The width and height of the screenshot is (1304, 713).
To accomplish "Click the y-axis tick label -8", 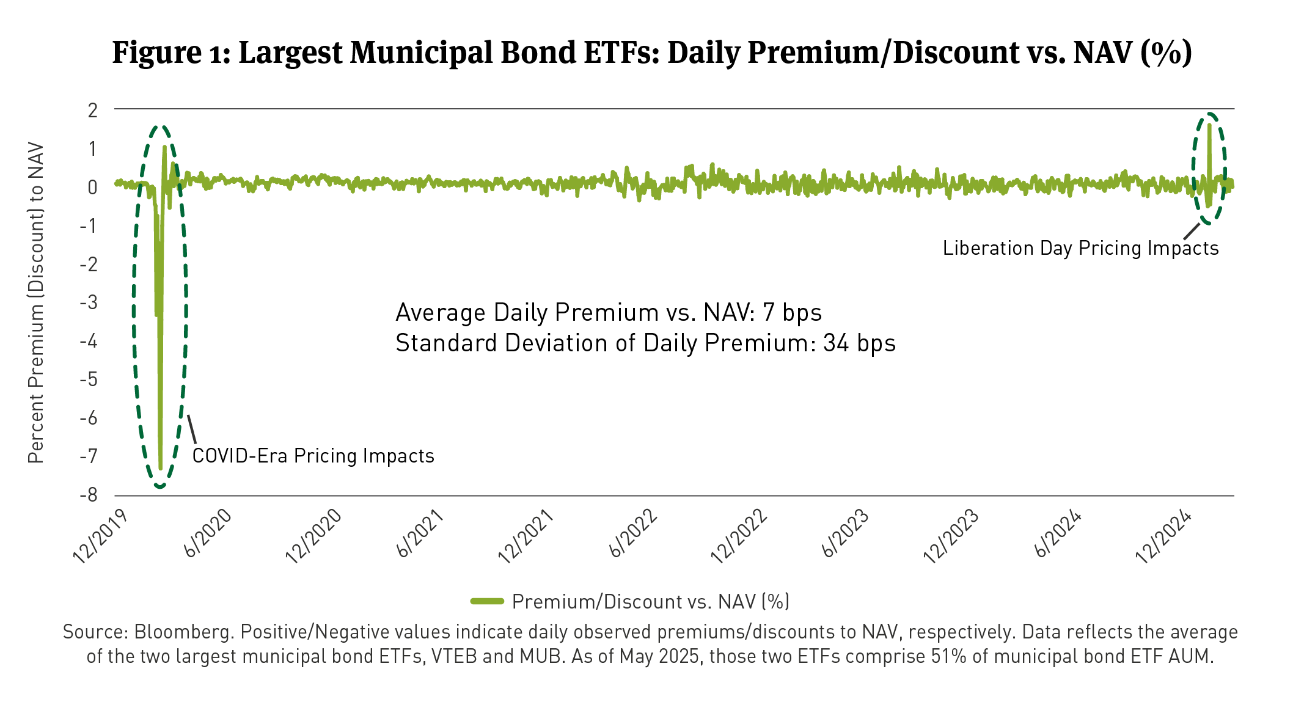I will pyautogui.click(x=89, y=495).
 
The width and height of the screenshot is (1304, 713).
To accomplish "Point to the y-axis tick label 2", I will pyautogui.click(x=93, y=111).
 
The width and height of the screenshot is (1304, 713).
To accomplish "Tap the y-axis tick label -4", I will pyautogui.click(x=89, y=341).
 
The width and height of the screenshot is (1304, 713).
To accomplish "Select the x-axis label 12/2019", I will pyautogui.click(x=100, y=536).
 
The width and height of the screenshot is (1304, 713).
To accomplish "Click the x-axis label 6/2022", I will pyautogui.click(x=634, y=533).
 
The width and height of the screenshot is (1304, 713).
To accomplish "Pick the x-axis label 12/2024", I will pyautogui.click(x=1163, y=536).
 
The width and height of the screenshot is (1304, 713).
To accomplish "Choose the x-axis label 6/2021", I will pyautogui.click(x=421, y=533).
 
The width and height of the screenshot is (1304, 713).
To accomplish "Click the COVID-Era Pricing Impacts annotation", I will pyautogui.click(x=313, y=456).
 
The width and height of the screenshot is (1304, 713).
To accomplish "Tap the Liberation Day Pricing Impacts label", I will pyautogui.click(x=1080, y=248).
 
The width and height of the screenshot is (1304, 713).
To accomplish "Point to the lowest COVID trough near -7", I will pyautogui.click(x=160, y=467).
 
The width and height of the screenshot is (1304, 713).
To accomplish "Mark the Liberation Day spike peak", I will pyautogui.click(x=1209, y=125).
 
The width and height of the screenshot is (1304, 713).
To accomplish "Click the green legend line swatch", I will pyautogui.click(x=487, y=602).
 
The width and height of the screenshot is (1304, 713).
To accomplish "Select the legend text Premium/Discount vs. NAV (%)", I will pyautogui.click(x=651, y=602).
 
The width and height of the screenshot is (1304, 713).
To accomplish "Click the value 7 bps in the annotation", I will pyautogui.click(x=792, y=312).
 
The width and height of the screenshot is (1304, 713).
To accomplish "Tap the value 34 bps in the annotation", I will pyautogui.click(x=859, y=343).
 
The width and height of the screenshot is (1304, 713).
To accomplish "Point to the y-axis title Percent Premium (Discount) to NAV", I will pyautogui.click(x=36, y=302).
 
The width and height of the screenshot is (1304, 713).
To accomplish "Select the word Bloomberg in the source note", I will pyautogui.click(x=183, y=632).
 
